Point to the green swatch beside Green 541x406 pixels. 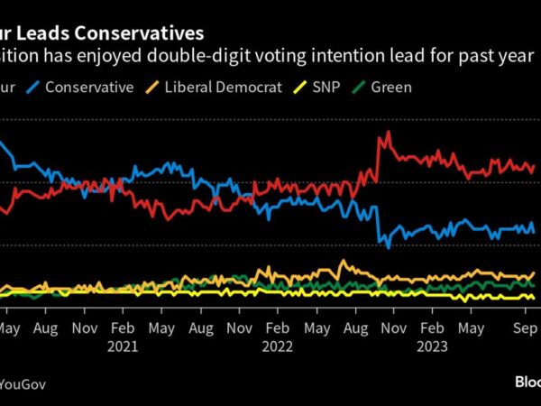tap(359, 88)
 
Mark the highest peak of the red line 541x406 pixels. tap(388, 132)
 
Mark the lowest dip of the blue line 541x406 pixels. tap(388, 247)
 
